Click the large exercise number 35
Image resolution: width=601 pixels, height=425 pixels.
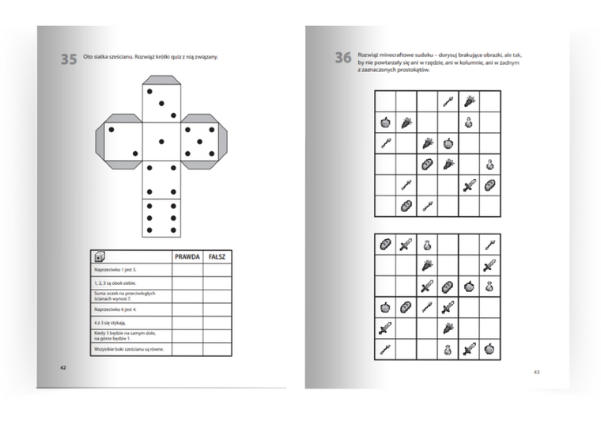coord(69,59)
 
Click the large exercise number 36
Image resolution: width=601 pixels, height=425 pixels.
coord(342,58)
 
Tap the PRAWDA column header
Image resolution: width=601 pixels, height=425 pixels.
coord(187,256)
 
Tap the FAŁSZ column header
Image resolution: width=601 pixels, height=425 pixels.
coord(218,256)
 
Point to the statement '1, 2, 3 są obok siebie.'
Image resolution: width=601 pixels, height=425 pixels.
coord(118,283)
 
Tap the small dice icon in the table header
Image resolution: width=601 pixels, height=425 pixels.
coord(99,256)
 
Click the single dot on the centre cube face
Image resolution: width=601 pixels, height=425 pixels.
coord(162,142)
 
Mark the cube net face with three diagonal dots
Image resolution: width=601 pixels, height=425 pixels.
coord(162,103)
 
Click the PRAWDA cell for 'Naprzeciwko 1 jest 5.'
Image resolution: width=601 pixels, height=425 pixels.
coord(187,270)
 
